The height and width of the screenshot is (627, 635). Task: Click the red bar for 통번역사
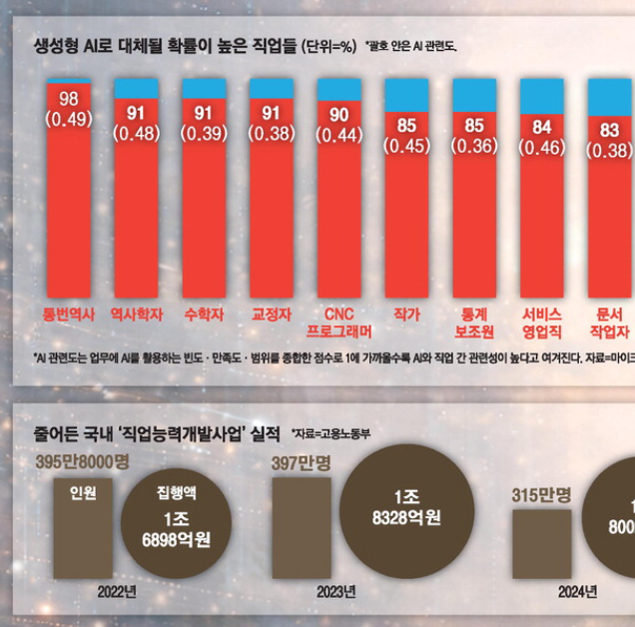[69, 200]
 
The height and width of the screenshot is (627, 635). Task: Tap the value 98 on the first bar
[69, 99]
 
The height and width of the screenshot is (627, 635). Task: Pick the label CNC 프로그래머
[338, 322]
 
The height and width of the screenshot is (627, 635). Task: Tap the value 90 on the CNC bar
[338, 116]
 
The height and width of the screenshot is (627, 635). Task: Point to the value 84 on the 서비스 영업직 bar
[542, 128]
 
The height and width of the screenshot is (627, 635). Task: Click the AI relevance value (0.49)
[69, 118]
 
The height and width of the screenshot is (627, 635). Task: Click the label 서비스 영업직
[542, 322]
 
